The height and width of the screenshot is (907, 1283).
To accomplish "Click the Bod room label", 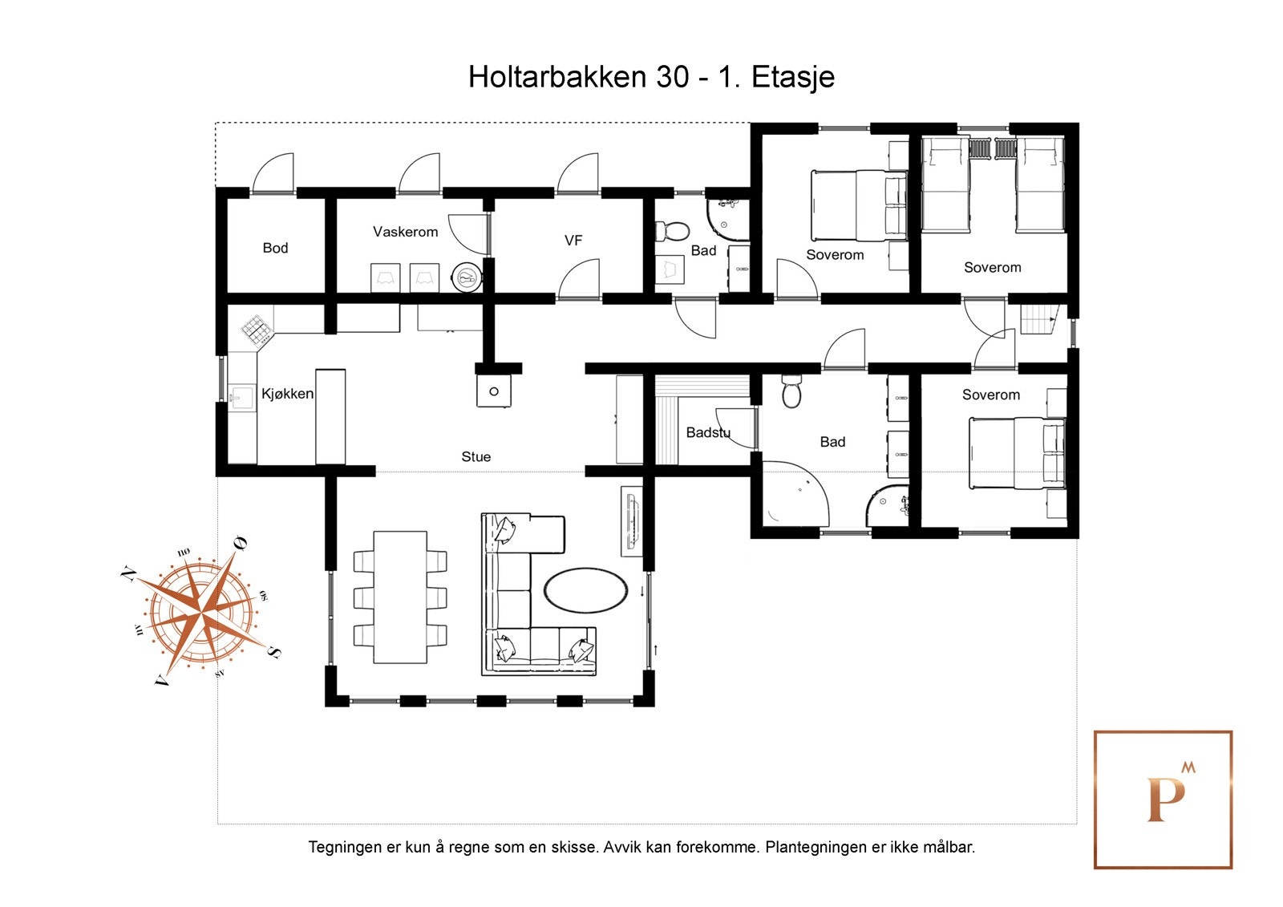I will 275,248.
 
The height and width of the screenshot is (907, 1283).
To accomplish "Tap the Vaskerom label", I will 405,232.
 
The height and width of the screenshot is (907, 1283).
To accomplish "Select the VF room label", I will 573,241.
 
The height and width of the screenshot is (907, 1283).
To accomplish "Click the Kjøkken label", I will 287,394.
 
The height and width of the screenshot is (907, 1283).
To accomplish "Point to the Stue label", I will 476,456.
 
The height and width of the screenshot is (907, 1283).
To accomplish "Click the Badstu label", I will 707,433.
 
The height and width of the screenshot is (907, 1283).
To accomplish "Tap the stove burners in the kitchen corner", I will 256,329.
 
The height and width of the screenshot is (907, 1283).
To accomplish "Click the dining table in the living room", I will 400,597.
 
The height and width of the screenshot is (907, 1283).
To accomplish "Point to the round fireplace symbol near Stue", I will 494,391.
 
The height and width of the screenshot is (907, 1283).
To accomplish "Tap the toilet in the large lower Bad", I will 791,392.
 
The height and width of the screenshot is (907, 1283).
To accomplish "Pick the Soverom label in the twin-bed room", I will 992,268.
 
